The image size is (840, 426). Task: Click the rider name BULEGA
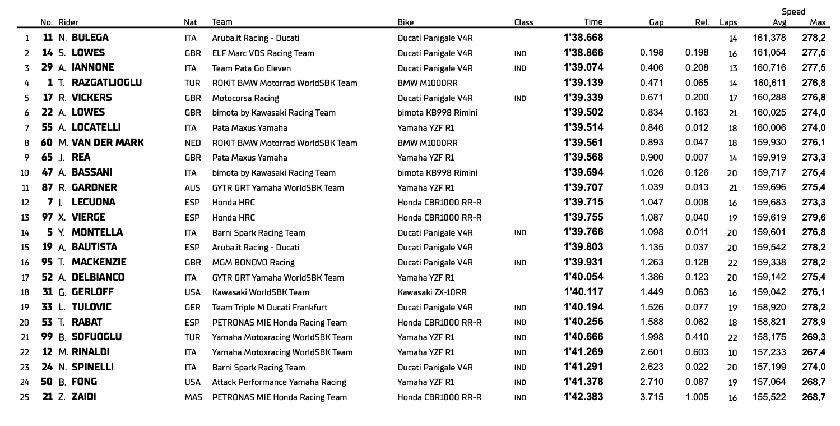(90, 39)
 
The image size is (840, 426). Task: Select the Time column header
(593, 22)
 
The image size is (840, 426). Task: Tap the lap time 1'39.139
(583, 83)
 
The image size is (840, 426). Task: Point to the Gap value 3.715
(652, 397)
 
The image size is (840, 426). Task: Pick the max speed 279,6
(815, 218)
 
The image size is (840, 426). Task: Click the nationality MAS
(192, 397)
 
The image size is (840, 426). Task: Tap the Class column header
(523, 23)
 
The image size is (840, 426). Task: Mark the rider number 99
(48, 337)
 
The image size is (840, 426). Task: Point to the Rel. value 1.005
(697, 397)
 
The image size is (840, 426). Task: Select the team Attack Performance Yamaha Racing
(279, 382)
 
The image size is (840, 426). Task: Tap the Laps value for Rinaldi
(732, 352)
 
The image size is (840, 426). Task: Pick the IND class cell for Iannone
(519, 68)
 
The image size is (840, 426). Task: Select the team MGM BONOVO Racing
(253, 263)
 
